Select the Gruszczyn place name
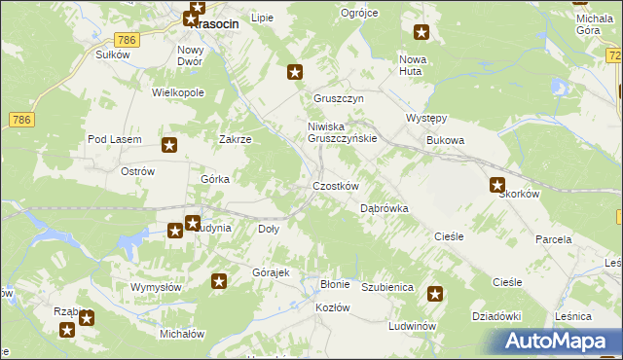(338, 99)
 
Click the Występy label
(425, 119)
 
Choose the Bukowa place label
(445, 140)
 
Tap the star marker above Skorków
(497, 185)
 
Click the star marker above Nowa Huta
(421, 33)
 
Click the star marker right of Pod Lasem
(169, 146)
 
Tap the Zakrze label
(236, 139)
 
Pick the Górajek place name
(272, 272)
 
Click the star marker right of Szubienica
(435, 294)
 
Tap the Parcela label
(552, 238)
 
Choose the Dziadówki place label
(497, 315)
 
